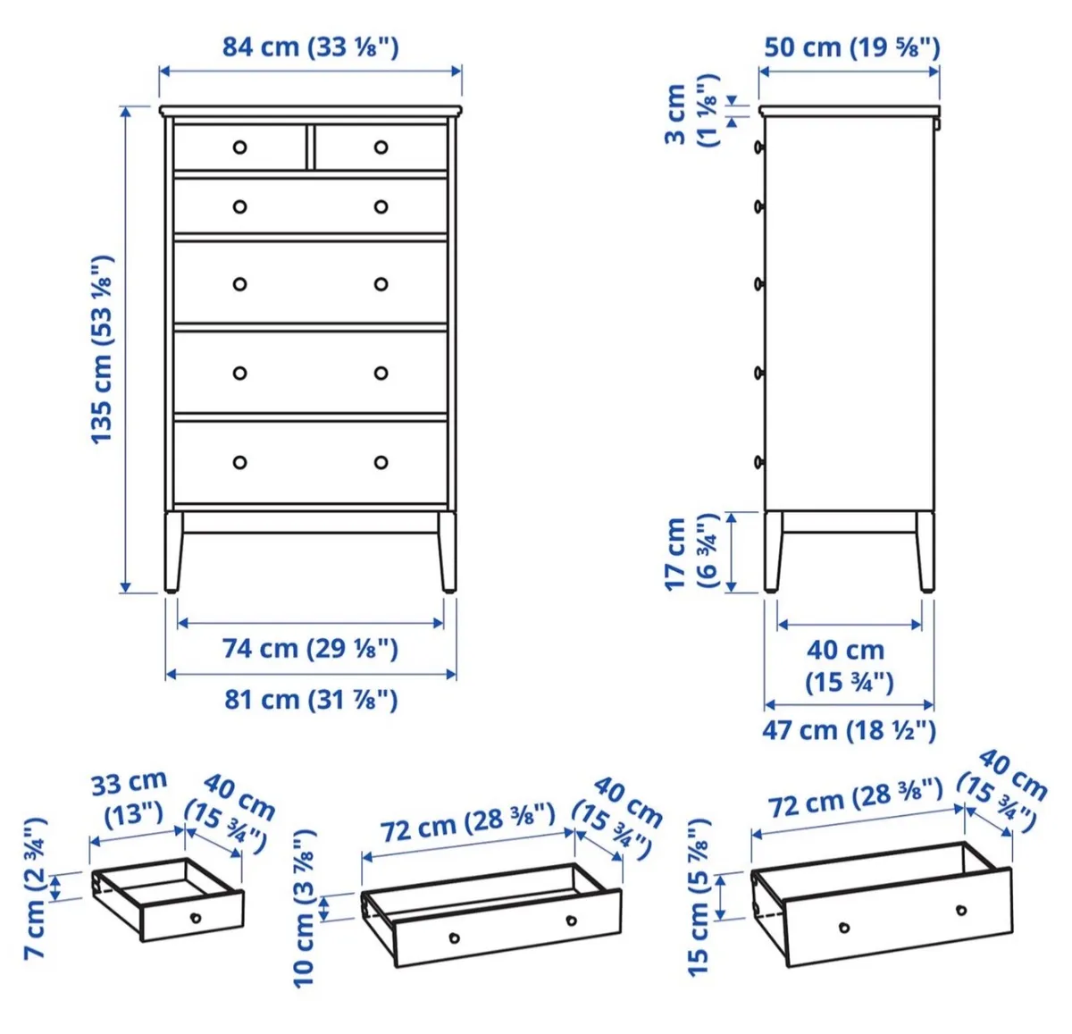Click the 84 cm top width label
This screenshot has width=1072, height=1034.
pyautogui.click(x=310, y=46)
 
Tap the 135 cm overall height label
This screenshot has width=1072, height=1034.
pyautogui.click(x=102, y=349)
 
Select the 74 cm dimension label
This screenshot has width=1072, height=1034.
pyautogui.click(x=310, y=648)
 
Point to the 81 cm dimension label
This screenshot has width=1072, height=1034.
pyautogui.click(x=311, y=699)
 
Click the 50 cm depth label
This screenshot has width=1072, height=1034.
pyautogui.click(x=851, y=46)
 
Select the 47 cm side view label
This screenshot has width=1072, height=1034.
pyautogui.click(x=849, y=730)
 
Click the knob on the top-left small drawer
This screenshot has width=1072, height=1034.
pyautogui.click(x=239, y=147)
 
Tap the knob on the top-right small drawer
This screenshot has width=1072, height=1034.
pyautogui.click(x=381, y=147)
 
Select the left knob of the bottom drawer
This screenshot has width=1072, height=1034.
pyautogui.click(x=239, y=462)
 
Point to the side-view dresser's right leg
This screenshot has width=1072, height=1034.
pyautogui.click(x=925, y=551)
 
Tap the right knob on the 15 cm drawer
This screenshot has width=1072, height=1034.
pyautogui.click(x=961, y=911)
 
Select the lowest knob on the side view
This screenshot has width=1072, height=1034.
pyautogui.click(x=759, y=462)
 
